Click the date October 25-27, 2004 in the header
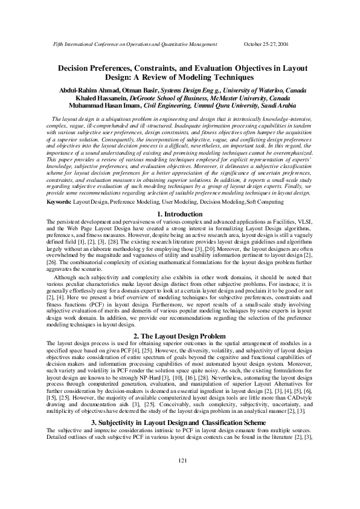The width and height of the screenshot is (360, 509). point(266,45)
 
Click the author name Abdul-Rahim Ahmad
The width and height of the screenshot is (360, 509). point(83,90)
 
